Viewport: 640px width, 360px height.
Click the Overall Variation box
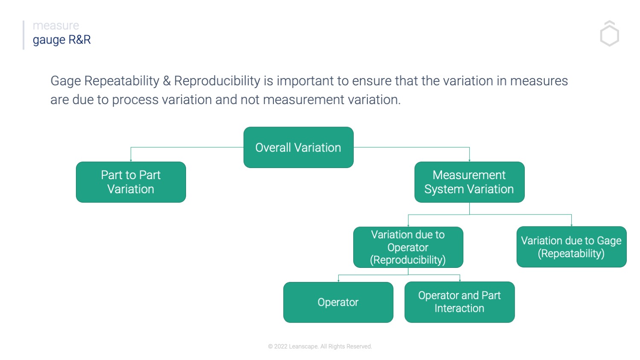tap(298, 147)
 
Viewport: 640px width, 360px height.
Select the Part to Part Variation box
tap(131, 182)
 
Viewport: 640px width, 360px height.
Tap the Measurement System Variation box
tap(469, 182)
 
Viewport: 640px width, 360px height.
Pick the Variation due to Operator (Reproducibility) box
tap(408, 247)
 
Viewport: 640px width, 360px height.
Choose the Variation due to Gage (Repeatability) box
tap(571, 247)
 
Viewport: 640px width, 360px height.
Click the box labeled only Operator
tap(338, 302)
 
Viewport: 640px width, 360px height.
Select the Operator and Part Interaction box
tap(460, 302)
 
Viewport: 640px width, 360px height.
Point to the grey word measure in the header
tap(56, 26)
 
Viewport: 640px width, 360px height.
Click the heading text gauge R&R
tap(62, 40)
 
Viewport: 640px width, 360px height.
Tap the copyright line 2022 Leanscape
tap(320, 346)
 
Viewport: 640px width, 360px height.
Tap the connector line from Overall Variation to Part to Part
tap(188, 148)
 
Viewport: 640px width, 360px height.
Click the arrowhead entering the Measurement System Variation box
tap(469, 160)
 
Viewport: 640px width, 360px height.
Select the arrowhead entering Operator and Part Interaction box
tap(460, 280)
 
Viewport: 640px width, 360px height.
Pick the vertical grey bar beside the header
tap(23, 35)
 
